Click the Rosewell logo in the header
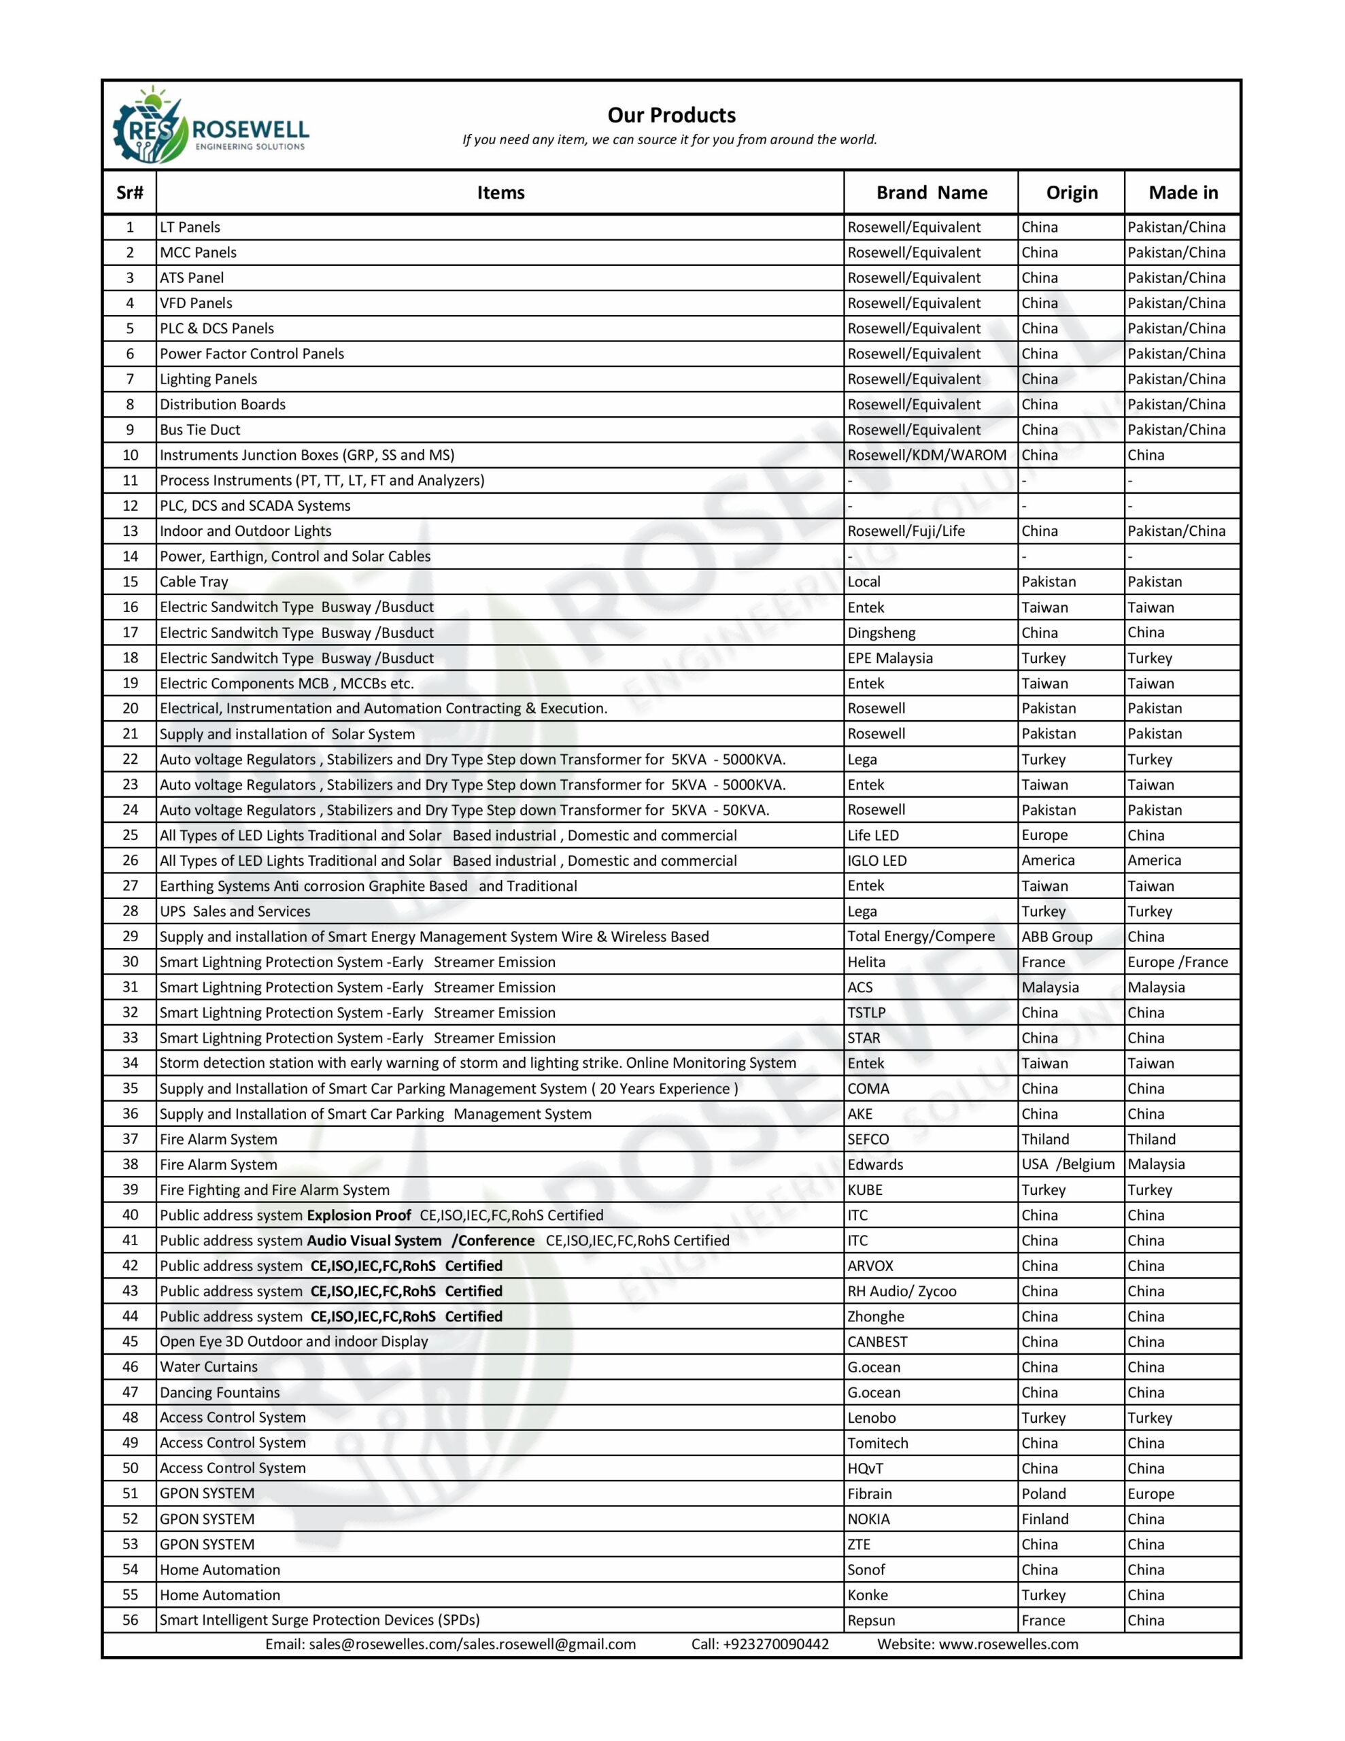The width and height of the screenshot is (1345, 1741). coord(211,126)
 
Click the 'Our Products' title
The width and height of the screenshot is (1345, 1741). coord(671,115)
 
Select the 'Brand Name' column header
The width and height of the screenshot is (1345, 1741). coord(931,192)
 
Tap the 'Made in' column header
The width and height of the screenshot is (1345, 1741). coord(1183,192)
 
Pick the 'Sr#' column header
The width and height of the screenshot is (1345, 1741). coord(130,192)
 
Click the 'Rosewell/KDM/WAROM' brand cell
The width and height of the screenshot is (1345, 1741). coord(926,455)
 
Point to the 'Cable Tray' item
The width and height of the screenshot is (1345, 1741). coord(194,582)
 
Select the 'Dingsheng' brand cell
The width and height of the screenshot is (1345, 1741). coord(881,633)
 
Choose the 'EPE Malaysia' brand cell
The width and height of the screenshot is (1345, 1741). coord(890,658)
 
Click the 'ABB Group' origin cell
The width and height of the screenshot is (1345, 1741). coord(1057,936)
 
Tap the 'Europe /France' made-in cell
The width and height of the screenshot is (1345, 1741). coord(1178,962)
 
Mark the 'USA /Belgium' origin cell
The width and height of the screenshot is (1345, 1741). coord(1068,1165)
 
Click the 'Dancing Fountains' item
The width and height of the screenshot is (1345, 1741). coord(220,1393)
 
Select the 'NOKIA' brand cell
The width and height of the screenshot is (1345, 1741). coord(868,1519)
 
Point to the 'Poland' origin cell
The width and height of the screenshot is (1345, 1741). coord(1044,1494)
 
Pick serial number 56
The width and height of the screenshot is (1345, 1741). coord(130,1621)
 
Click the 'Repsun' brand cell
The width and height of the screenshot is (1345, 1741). coord(872,1621)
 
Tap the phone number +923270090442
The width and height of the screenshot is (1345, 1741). coord(760,1644)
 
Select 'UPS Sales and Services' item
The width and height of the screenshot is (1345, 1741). coord(235,911)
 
